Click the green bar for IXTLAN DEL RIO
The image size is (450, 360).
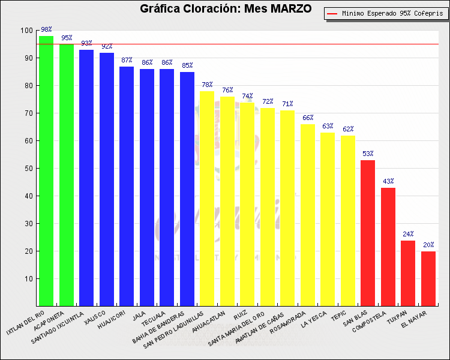click(46, 170)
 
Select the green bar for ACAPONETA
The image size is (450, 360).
click(67, 175)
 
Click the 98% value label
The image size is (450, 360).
click(46, 29)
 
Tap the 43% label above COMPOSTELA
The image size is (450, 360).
click(388, 181)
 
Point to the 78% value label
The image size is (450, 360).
click(207, 85)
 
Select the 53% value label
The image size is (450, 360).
click(368, 154)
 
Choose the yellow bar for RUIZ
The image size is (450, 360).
click(247, 204)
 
